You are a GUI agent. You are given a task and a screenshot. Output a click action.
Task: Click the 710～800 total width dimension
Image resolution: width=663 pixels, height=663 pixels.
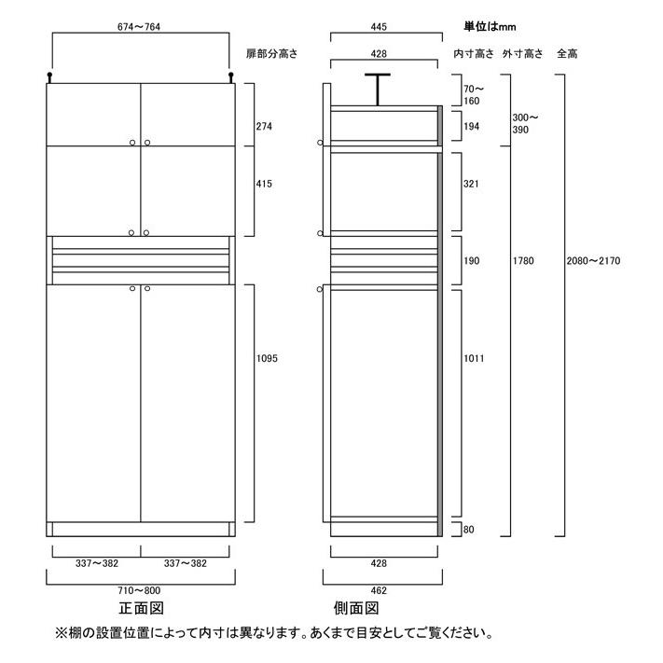coord(140,590)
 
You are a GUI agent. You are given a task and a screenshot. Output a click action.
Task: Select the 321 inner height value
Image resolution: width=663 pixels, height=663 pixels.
coord(471,185)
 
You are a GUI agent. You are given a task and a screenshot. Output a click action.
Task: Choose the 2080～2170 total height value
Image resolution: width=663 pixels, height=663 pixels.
coord(594,261)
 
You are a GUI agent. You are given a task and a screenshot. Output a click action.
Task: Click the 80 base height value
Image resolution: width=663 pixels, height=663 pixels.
coord(468,531)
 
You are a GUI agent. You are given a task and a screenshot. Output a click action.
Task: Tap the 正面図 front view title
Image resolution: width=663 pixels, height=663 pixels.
coord(141,609)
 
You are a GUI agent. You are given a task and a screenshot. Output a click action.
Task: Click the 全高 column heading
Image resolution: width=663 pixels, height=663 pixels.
coord(566,53)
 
